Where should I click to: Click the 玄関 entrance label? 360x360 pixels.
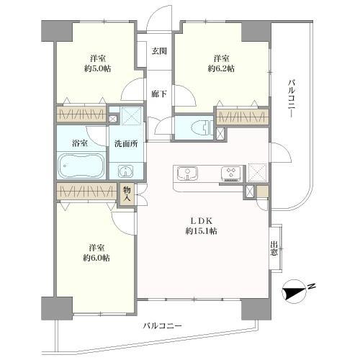point(159,50)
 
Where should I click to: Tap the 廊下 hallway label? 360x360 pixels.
point(159,94)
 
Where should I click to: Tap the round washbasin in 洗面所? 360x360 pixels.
point(126,171)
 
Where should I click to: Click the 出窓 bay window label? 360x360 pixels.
point(274,248)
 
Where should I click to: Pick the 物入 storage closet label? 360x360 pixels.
point(127,193)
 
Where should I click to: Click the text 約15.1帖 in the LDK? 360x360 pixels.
point(199,231)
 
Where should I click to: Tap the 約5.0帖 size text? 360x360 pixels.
point(99,68)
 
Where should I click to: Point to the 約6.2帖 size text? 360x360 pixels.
point(221,68)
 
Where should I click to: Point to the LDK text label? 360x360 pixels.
point(199,219)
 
